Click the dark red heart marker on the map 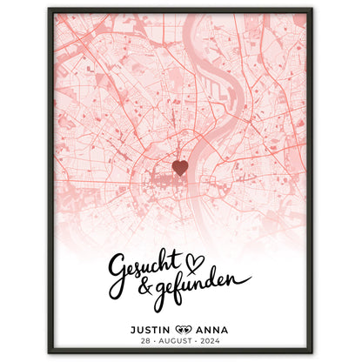[180, 166]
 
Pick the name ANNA [213, 329]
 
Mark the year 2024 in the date [215, 342]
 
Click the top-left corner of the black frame [50, 10]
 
